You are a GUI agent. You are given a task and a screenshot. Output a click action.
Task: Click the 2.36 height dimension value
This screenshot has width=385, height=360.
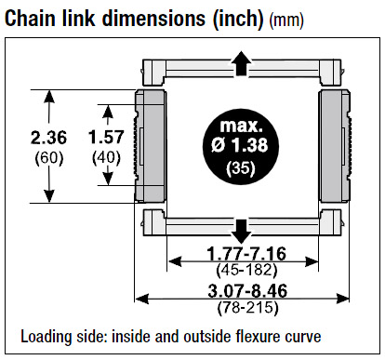[48, 138]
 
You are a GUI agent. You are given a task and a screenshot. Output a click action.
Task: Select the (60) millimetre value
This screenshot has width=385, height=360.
[49, 158]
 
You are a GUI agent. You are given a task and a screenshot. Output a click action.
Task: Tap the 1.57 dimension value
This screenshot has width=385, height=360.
[106, 137]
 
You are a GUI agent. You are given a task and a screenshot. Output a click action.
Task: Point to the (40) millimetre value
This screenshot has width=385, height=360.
[106, 158]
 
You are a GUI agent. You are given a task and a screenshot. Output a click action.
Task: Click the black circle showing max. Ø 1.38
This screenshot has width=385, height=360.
[241, 146]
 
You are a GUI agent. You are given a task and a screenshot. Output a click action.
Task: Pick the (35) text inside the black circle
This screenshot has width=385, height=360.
[241, 168]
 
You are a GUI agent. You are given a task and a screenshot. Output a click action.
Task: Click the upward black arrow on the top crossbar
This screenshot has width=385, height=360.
[241, 63]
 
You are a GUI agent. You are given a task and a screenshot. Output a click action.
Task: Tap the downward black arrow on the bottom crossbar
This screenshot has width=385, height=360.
[241, 232]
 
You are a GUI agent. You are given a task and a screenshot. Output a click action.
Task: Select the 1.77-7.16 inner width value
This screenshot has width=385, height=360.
[246, 254]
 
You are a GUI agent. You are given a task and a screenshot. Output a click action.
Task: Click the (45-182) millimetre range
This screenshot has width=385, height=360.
[246, 270]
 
